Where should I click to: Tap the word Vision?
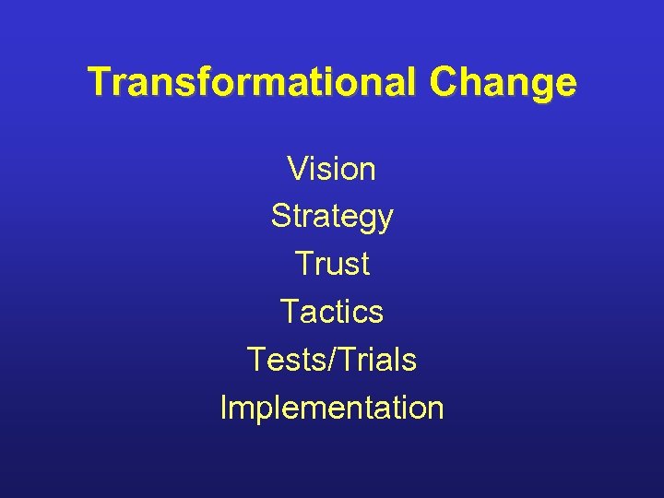331,169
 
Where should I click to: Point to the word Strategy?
332,217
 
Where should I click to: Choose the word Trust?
332,264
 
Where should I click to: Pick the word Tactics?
331,312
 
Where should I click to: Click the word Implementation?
332,407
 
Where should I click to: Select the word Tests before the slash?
289,360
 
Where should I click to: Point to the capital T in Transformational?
99,82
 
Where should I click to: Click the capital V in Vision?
297,169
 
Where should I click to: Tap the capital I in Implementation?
224,407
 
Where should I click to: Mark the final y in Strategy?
385,221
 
